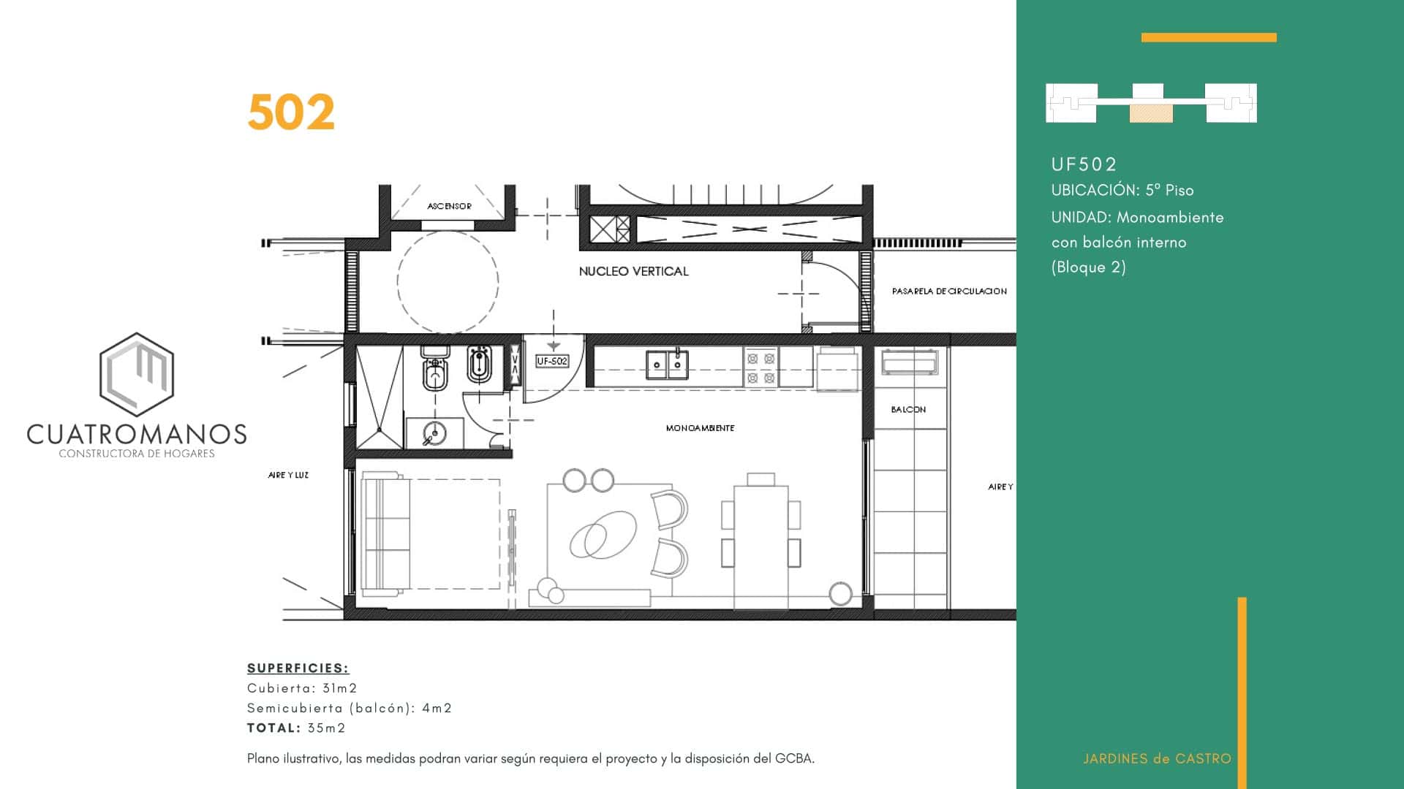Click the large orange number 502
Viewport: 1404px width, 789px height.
click(291, 113)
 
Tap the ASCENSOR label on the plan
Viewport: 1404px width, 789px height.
click(449, 206)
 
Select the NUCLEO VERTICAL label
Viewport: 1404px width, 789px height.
click(633, 271)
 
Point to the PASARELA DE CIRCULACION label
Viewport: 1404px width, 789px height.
click(949, 291)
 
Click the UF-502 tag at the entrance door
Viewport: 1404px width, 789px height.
click(552, 361)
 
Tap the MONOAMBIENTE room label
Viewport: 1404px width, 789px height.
click(700, 428)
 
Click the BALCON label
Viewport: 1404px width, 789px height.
click(908, 410)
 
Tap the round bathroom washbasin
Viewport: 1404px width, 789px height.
click(434, 434)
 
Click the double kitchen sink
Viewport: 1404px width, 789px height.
click(667, 364)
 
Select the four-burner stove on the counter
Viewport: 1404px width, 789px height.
click(760, 367)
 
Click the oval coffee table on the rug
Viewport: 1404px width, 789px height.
click(603, 535)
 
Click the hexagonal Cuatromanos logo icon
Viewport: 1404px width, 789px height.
click(137, 375)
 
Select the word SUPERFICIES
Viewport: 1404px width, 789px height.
click(298, 668)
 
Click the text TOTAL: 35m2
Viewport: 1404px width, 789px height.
click(296, 728)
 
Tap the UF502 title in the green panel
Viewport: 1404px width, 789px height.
click(1084, 164)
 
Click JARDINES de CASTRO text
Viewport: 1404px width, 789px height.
click(1157, 758)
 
